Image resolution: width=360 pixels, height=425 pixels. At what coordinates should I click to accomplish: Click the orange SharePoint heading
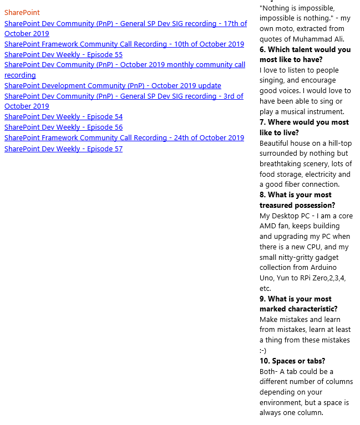[22, 12]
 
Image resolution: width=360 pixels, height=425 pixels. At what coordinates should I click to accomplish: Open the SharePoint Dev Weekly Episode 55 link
[63, 54]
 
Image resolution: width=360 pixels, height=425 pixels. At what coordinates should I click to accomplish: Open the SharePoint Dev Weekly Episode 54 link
[63, 116]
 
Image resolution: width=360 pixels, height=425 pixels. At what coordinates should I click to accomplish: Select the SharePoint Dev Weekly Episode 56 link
[63, 127]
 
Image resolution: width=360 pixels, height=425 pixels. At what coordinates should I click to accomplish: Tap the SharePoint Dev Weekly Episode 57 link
[63, 149]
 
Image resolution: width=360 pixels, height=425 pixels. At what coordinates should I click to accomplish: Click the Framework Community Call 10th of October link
[124, 44]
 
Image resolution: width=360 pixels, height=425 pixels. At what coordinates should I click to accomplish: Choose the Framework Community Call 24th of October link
[124, 137]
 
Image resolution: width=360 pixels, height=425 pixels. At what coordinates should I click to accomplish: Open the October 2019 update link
[113, 85]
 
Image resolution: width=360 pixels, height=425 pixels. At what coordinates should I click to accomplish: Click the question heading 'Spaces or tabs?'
[292, 361]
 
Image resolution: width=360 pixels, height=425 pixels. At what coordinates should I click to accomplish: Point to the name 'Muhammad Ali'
[321, 39]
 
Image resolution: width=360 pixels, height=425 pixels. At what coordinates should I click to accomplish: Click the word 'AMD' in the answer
[268, 226]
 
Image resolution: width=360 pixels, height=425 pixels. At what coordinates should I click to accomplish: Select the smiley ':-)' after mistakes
[263, 350]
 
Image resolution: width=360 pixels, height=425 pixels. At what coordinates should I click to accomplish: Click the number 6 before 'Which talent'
[262, 49]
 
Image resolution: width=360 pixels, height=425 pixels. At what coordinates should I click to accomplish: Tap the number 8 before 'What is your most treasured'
[262, 194]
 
